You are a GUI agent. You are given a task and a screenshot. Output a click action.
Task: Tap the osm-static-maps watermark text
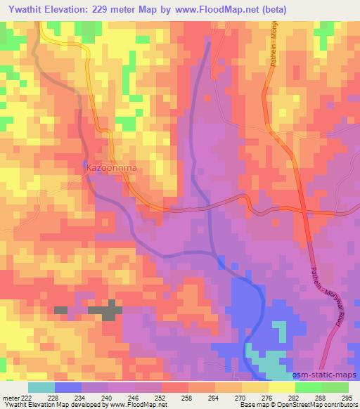coord(328,374)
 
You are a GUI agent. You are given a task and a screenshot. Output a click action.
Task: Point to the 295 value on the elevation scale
coord(347,398)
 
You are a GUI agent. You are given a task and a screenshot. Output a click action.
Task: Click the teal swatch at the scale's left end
coord(41,387)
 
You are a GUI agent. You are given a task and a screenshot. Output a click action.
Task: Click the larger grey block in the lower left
coord(105,311)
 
